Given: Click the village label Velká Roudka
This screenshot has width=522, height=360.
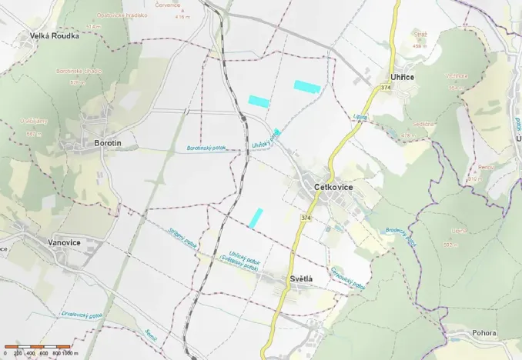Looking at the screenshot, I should pos(55,35).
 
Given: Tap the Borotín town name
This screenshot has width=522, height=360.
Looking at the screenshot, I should pos(108,143).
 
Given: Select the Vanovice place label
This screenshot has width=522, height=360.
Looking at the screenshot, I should pos(64,242).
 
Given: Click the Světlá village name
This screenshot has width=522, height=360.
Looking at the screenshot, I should pos(303,278).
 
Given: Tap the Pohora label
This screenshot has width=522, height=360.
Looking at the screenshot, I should pos(484,333).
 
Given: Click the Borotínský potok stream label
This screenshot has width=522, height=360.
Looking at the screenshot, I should pos(206,148).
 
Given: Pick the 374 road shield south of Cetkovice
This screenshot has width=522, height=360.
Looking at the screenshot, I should pos(306,218).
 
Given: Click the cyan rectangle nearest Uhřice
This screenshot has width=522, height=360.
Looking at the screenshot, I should pos(306,86).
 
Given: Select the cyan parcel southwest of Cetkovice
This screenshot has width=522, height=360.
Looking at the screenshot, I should pos(256,218).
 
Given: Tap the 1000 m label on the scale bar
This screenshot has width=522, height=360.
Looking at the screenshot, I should pos(70,352).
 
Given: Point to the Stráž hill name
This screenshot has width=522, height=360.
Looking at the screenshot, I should pos(420,34).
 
